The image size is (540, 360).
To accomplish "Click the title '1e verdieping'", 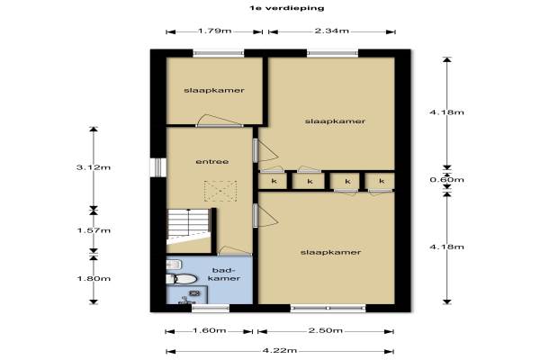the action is click(x=287, y=7).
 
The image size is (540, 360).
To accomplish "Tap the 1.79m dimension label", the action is click(x=214, y=31).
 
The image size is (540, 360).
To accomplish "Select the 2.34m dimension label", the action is click(x=331, y=31).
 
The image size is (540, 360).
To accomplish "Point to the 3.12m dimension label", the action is click(x=94, y=167).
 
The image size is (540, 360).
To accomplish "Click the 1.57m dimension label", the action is click(x=94, y=230).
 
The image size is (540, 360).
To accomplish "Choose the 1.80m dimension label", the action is click(x=94, y=278).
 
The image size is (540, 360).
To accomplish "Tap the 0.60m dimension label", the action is click(x=446, y=179).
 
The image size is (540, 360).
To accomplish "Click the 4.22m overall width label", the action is click(x=280, y=351).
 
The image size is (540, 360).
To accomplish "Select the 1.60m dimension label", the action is click(x=209, y=330).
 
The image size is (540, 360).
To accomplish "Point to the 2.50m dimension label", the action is click(x=325, y=330).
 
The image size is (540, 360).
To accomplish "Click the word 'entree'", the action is click(x=212, y=162).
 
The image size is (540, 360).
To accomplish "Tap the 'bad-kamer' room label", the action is click(x=224, y=274).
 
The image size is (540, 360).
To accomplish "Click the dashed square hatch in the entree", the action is click(x=220, y=191).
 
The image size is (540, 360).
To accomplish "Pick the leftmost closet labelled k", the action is click(x=273, y=181).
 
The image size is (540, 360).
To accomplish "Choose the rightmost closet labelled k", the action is click(x=380, y=181).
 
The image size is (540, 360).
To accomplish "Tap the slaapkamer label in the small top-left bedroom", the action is click(x=214, y=90).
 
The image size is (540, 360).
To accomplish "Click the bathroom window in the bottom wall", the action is click(x=211, y=308).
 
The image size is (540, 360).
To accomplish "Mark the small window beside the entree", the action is click(x=158, y=167).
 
